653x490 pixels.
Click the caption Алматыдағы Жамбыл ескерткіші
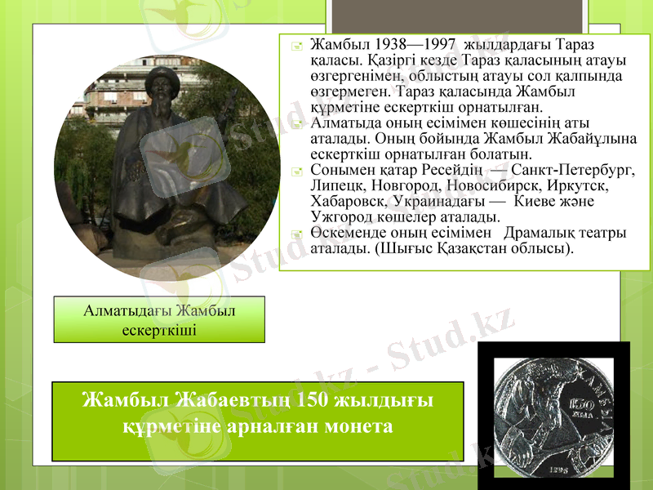(x=160, y=319)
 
